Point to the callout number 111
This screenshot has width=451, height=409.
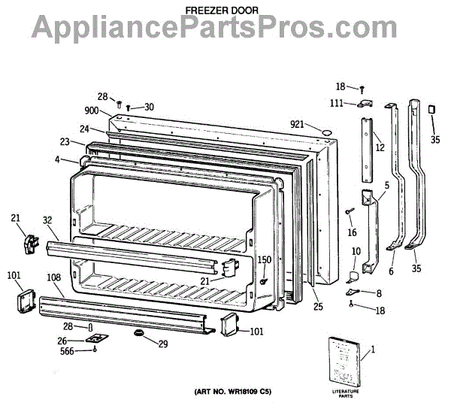click(x=338, y=102)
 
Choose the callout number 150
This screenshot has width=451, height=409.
click(x=265, y=260)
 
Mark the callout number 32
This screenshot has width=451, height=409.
click(x=47, y=221)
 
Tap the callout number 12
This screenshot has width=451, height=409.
click(x=380, y=147)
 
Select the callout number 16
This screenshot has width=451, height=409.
click(x=351, y=232)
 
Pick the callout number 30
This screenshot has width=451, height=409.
click(x=149, y=107)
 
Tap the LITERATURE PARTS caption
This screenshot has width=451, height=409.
click(x=346, y=393)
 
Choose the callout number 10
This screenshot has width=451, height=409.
click(x=356, y=251)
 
